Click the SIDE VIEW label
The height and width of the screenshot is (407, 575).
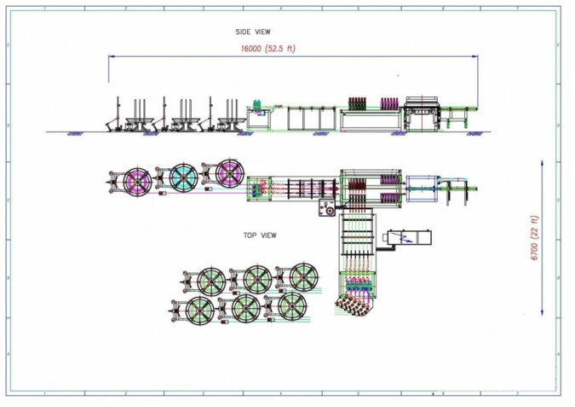click(253, 32)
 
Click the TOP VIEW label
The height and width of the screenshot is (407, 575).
click(259, 235)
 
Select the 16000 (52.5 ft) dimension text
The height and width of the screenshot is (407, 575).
click(269, 49)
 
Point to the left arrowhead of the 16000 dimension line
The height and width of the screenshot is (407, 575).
click(112, 57)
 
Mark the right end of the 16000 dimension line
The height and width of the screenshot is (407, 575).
click(476, 57)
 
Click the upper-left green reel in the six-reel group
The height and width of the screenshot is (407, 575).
click(210, 281)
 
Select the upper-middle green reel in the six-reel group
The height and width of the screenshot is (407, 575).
click(256, 278)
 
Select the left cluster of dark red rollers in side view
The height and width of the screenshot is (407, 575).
click(358, 102)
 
